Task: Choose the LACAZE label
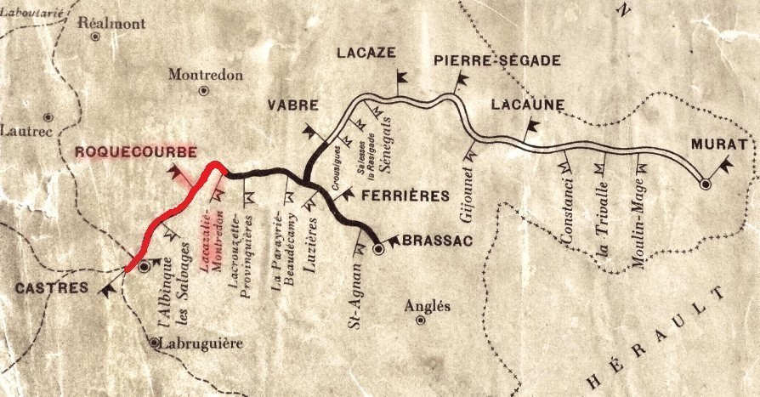tap(366, 53)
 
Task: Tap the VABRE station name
tap(292, 105)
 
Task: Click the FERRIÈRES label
tap(405, 196)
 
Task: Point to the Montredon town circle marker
tap(203, 90)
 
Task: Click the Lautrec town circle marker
tap(48, 116)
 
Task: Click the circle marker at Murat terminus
tap(705, 183)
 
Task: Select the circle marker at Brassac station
tap(379, 250)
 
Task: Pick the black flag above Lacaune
tap(532, 127)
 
